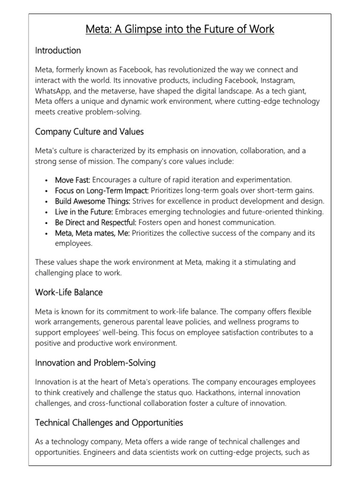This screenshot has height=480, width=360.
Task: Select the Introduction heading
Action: click(58, 50)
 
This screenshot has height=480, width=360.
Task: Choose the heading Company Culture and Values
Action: click(89, 132)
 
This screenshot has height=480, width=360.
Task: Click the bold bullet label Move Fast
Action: click(73, 180)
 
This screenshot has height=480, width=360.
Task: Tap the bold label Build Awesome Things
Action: click(92, 201)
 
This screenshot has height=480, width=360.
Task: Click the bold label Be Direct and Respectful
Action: click(96, 222)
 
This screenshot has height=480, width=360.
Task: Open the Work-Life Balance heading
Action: click(69, 292)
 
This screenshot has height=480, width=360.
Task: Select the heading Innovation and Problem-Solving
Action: click(95, 363)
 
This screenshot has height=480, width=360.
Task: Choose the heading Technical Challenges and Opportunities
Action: click(109, 423)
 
